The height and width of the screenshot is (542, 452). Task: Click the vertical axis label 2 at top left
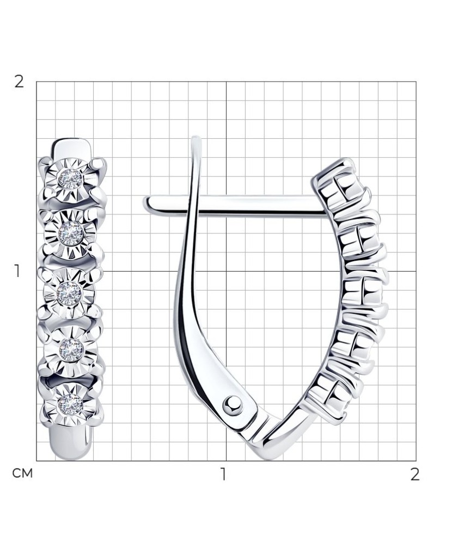(19, 82)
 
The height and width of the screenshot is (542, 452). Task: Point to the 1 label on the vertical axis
(17, 271)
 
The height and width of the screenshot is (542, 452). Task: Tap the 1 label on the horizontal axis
(223, 474)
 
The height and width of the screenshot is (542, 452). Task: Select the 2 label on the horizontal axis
(415, 474)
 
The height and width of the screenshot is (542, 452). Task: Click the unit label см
(22, 473)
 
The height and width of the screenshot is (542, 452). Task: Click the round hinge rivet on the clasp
(233, 404)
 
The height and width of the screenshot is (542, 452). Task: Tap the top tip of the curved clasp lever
(197, 140)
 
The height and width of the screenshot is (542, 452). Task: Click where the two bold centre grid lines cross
(227, 271)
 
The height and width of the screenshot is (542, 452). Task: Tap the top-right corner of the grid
(416, 82)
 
